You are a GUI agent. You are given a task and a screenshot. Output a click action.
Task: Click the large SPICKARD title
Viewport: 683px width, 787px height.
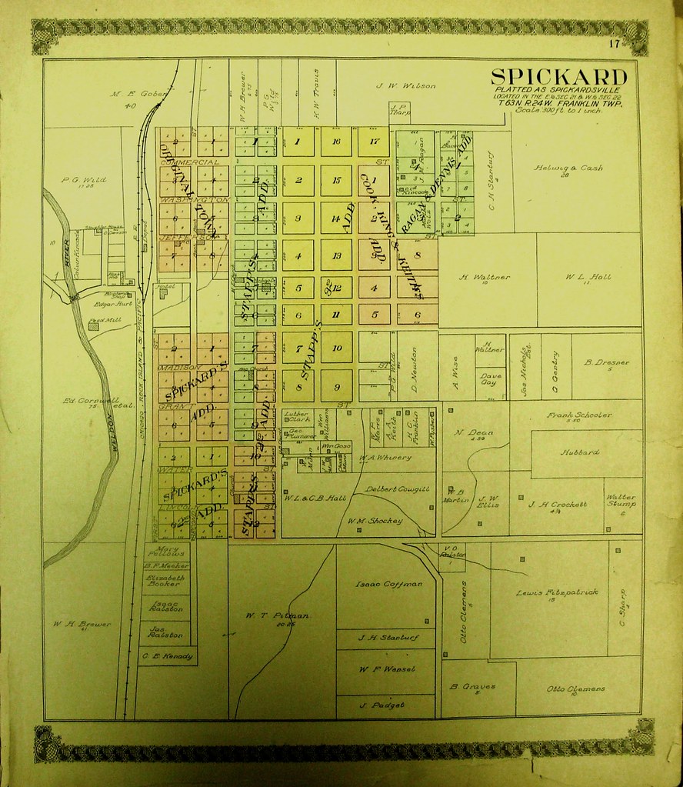click(x=558, y=77)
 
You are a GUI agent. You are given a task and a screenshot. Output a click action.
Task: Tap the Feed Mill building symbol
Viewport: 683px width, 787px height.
click(x=94, y=326)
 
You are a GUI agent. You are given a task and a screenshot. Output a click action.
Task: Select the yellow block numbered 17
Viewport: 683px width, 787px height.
click(x=374, y=142)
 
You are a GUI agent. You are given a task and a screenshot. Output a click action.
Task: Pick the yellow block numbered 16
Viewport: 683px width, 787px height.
click(x=336, y=142)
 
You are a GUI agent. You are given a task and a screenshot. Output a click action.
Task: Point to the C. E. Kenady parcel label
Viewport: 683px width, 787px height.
click(x=166, y=656)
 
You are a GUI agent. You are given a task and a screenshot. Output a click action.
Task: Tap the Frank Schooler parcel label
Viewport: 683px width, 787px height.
click(x=579, y=415)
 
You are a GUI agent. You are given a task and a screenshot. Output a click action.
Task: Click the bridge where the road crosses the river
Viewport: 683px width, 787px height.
click(x=75, y=297)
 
